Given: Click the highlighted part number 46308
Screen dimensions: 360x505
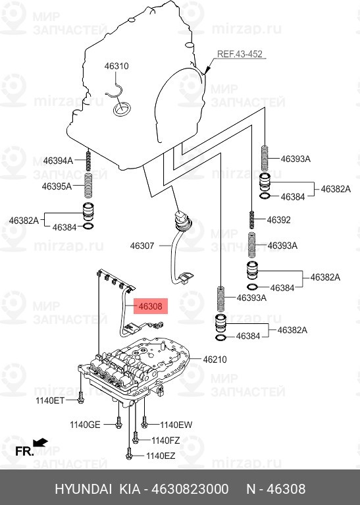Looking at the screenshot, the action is [150, 306].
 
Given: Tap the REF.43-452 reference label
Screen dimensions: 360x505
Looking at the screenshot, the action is [240, 54].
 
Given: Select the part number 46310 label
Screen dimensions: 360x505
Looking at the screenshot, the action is [116, 66].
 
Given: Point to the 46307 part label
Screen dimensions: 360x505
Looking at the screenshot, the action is [142, 246].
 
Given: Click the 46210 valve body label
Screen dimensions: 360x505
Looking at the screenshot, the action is [215, 359].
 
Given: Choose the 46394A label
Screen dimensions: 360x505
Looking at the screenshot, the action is [59, 161].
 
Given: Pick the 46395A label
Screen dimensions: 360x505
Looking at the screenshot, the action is [57, 186].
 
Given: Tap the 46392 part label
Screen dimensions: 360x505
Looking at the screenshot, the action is [279, 220].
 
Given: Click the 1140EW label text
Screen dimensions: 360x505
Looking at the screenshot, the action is [176, 425].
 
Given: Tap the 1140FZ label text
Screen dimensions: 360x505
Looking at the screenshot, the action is [165, 440].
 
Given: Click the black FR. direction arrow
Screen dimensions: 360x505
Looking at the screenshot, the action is [40, 442].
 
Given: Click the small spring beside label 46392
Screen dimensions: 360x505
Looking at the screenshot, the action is [252, 220].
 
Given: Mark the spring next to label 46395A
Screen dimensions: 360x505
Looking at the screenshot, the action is [88, 186].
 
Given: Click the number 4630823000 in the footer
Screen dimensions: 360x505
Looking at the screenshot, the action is [190, 489].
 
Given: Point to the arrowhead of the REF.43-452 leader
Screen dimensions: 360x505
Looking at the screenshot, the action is [207, 70].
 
